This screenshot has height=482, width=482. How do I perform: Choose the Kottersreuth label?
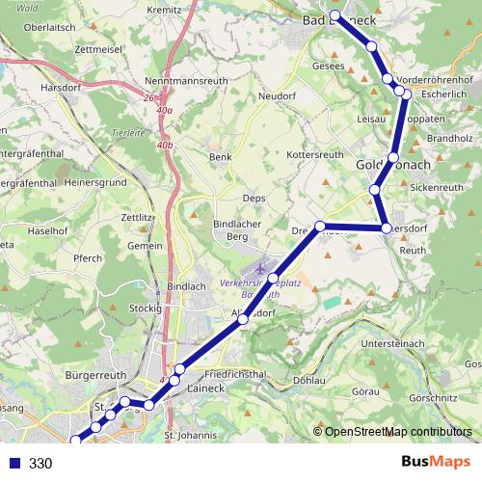[x=315, y=154]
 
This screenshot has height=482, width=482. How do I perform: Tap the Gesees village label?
[x=327, y=67]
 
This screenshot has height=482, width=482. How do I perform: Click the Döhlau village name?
[x=308, y=379]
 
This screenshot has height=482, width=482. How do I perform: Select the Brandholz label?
[x=449, y=138]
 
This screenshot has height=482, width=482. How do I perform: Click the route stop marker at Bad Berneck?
[x=335, y=15]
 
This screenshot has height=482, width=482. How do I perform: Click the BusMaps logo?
[x=430, y=463]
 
